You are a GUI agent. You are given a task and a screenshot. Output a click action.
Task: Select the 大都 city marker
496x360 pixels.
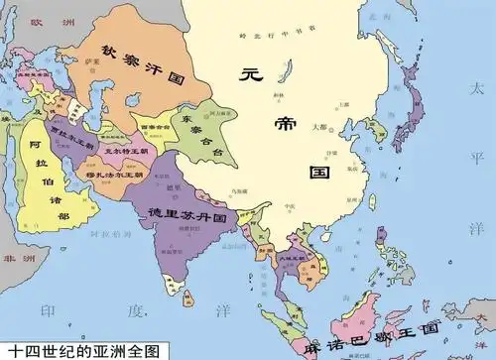coord(319,128)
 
